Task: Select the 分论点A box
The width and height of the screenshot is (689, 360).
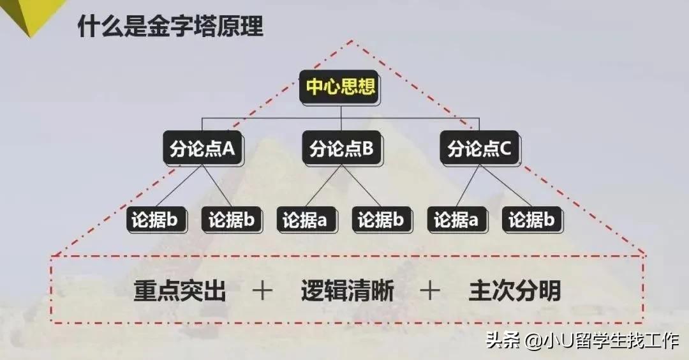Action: (x=203, y=148)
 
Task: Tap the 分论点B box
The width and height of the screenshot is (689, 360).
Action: (x=341, y=148)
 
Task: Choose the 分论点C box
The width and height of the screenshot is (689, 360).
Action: (x=479, y=148)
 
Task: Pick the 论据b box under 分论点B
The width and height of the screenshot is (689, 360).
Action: (x=381, y=220)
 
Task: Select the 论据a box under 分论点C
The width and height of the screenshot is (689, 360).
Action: (x=457, y=220)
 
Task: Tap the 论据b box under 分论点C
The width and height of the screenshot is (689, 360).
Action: (x=531, y=220)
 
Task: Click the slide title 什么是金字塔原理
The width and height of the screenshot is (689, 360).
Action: (x=170, y=26)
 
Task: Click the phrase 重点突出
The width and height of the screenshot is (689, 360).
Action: (x=180, y=291)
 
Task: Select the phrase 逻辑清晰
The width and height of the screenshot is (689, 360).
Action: (x=348, y=291)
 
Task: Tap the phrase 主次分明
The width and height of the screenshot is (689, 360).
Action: (x=515, y=291)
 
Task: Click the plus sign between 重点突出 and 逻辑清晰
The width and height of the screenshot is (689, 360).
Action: (x=263, y=291)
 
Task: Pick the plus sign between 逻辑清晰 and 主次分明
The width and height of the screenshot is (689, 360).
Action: (x=430, y=291)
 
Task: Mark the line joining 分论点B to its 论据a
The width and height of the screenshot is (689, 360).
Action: (x=323, y=186)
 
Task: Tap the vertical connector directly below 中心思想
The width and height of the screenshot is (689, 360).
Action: (x=341, y=117)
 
